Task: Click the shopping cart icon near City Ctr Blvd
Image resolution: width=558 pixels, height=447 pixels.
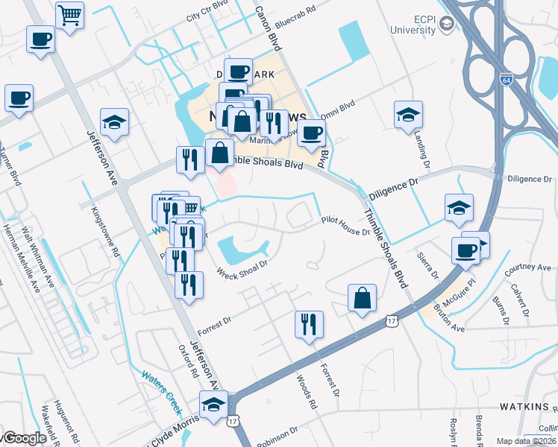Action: pos(70,14)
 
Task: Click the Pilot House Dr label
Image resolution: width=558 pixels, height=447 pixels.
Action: pos(345,221)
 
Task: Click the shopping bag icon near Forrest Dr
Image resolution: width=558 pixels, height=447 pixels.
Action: pos(362,298)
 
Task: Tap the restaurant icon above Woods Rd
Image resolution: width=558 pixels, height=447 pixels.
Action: pos(309,324)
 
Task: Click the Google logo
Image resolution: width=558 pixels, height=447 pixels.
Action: pos(24,438)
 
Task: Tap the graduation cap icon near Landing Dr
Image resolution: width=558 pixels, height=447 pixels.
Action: pos(408,115)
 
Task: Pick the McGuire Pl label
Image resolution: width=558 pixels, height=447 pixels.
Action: pos(458,288)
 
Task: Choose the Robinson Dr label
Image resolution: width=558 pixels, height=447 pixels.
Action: pos(277,435)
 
